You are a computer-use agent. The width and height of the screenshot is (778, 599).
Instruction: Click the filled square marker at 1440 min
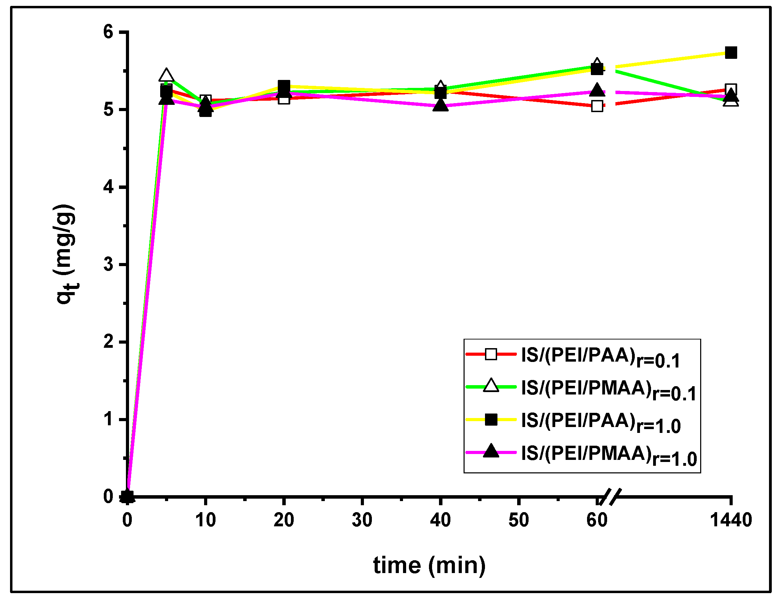pos(731,53)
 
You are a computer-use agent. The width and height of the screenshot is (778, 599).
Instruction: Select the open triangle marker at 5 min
pos(166,75)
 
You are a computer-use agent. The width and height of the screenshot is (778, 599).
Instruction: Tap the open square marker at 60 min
pos(597,106)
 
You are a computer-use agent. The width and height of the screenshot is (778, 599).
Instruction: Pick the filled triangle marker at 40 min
pos(441,105)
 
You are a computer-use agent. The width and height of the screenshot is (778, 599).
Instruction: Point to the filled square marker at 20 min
pos(284,86)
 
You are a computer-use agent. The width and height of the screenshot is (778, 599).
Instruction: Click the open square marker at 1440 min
pos(731,89)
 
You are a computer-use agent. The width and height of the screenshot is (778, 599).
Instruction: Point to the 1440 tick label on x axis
pos(731,520)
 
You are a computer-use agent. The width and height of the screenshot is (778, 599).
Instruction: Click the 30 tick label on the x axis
pos(362,520)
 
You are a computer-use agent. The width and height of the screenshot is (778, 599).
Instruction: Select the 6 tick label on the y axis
pos(108,32)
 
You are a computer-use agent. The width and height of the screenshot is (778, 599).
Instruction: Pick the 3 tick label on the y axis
pos(108,264)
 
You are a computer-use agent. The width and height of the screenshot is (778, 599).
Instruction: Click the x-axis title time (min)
pos(429,565)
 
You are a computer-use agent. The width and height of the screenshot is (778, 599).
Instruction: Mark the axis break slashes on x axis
pos(610,497)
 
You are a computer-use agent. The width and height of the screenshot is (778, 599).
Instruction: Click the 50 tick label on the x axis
pos(519,520)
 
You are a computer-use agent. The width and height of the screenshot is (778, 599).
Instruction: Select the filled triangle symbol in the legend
pos(491,451)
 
